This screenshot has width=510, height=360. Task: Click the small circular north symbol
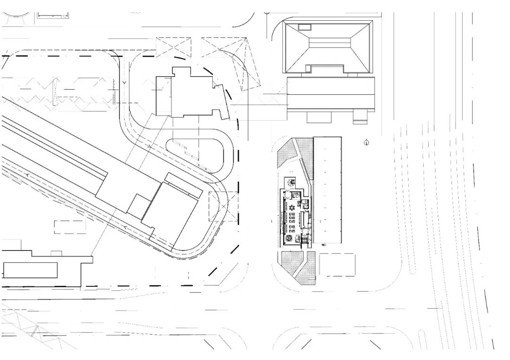pos(366,142)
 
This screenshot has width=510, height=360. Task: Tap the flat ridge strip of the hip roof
pos(329,42)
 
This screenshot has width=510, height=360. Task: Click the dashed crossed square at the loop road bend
pos(223,206)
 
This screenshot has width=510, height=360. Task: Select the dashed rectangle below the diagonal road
pos(70,227)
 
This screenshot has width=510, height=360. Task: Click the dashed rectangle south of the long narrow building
pos(337,264)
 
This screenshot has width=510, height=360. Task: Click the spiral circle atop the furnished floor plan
pos(290,182)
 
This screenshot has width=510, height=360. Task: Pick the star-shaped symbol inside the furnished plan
pos(292,207)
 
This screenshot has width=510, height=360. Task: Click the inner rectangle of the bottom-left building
pos(30,270)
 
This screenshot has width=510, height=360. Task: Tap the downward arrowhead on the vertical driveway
pos(124,83)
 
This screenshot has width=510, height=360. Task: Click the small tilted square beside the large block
pos(139,206)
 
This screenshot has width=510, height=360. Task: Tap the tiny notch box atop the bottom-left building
pos(56,253)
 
